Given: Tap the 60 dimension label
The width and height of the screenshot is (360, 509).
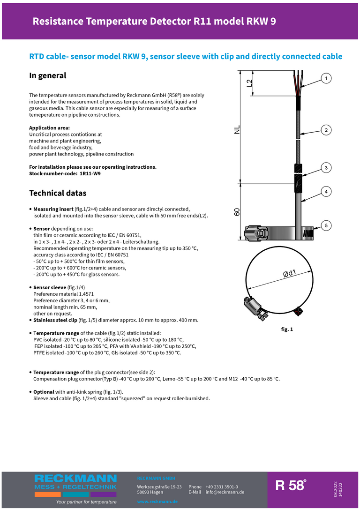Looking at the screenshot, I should click(x=237, y=212).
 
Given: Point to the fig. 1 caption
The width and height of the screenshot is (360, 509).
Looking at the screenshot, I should click(x=287, y=329).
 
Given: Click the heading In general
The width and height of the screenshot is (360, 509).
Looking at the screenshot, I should click(x=48, y=75).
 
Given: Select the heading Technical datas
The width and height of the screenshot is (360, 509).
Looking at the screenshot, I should click(x=58, y=193).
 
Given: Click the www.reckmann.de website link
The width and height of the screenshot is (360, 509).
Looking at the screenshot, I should click(x=157, y=502).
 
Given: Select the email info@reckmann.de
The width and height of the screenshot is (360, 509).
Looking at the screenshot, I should click(x=225, y=492).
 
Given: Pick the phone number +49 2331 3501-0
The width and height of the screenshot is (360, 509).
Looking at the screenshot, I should click(x=222, y=487).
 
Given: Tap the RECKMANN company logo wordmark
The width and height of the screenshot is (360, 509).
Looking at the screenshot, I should click(x=75, y=479).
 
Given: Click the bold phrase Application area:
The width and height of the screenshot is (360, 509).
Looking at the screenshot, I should click(x=50, y=128).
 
